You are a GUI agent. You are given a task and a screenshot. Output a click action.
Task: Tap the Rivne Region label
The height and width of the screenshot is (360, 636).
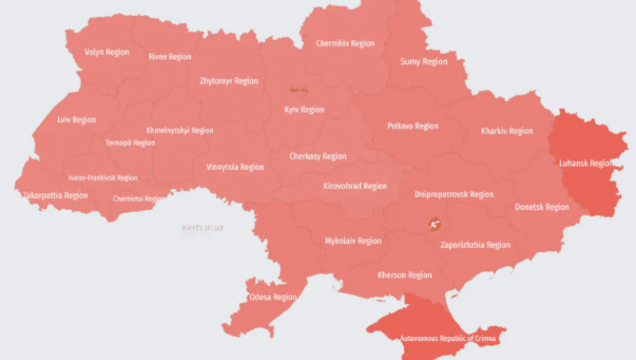[170, 57]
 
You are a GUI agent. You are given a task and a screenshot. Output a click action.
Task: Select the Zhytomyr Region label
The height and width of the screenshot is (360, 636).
[229, 81]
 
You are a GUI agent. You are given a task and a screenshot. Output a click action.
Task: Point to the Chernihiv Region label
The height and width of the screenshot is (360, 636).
[345, 44]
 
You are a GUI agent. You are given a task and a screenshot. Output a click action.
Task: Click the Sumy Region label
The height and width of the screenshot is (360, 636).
[423, 62]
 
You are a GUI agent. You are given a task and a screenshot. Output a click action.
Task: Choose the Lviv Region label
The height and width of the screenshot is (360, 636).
[77, 120]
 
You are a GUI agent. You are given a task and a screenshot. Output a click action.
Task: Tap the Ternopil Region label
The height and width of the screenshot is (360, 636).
[130, 143]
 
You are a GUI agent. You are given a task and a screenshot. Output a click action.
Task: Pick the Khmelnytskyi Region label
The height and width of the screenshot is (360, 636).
[180, 130]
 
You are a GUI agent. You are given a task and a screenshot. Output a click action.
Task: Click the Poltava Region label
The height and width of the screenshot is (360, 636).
[413, 126]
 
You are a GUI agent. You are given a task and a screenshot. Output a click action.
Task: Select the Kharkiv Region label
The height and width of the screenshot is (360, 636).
[506, 131]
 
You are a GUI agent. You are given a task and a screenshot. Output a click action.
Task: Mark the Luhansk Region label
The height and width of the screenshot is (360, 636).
[587, 163]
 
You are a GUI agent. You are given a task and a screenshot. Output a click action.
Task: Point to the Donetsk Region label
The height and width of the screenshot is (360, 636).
[541, 207]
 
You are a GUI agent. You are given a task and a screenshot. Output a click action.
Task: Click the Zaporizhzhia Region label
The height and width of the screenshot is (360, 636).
[475, 246]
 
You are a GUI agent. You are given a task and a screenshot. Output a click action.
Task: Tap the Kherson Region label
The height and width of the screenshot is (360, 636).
[404, 276]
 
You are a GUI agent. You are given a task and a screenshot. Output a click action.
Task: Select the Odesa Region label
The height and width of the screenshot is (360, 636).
[273, 297]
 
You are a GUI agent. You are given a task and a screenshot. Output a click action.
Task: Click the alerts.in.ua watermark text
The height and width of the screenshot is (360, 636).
[202, 228]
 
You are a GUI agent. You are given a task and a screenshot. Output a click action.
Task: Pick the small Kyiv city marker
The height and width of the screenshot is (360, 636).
[297, 90]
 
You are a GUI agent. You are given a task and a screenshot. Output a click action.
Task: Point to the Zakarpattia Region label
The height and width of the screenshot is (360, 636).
[55, 195]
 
